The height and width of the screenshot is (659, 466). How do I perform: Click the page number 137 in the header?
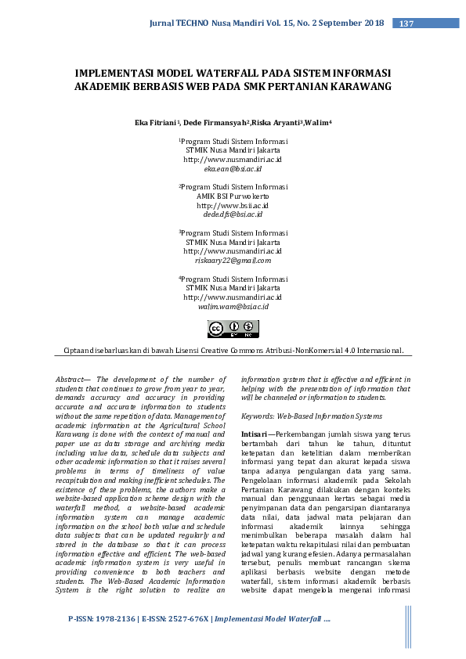point(406,23)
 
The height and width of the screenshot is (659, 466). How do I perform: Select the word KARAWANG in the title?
point(355,87)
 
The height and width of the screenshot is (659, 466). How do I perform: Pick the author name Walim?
point(318,123)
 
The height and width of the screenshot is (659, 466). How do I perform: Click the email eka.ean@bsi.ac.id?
point(233,168)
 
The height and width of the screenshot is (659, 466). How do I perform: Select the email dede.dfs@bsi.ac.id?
point(233,214)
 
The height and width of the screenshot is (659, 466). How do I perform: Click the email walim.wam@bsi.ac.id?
point(233,307)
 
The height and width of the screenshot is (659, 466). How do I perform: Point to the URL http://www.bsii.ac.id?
point(233,205)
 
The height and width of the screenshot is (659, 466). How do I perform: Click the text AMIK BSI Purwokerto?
point(233,196)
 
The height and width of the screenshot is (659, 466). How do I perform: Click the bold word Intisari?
point(255,433)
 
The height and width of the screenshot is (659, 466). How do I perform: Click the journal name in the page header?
point(266,23)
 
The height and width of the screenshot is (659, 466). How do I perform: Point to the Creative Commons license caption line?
point(233,351)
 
